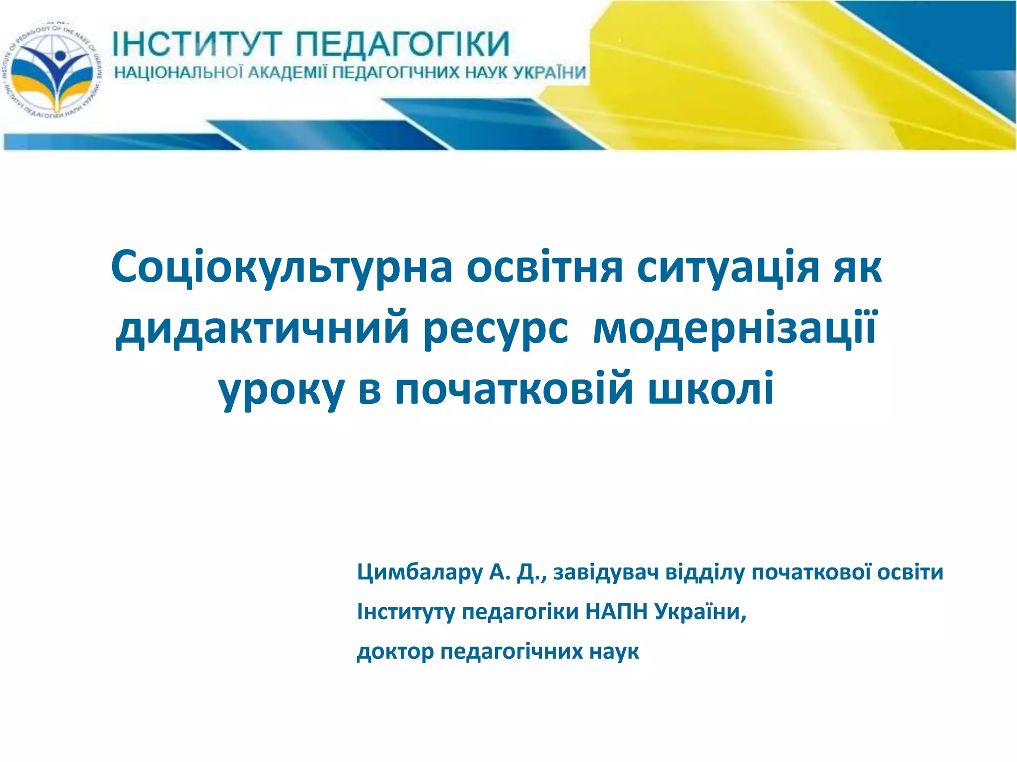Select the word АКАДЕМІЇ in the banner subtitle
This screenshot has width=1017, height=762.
(288, 73)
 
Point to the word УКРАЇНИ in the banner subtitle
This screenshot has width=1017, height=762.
(549, 73)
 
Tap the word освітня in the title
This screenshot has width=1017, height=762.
(544, 268)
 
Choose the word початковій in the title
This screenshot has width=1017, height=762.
(514, 389)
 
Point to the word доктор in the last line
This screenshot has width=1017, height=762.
(395, 651)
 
